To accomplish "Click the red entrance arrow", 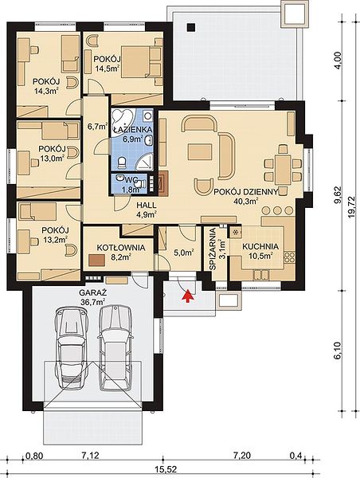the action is pyautogui.click(x=189, y=296).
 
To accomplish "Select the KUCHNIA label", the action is pyautogui.click(x=260, y=246).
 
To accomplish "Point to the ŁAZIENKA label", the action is pyautogui.click(x=132, y=130).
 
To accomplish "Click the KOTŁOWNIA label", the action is pyautogui.click(x=121, y=248).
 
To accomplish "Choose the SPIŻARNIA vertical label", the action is pyautogui.click(x=213, y=249).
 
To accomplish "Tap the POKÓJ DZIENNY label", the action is pyautogui.click(x=246, y=192).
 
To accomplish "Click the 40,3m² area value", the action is pyautogui.click(x=246, y=201).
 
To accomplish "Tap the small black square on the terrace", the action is pyautogui.click(x=191, y=27).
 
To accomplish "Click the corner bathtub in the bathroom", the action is pyautogui.click(x=122, y=118).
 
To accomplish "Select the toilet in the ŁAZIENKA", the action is pyautogui.click(x=122, y=163).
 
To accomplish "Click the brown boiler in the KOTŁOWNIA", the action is pyautogui.click(x=97, y=260).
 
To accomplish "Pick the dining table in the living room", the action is pyautogui.click(x=284, y=170).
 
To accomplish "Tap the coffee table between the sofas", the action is pyautogui.click(x=200, y=152).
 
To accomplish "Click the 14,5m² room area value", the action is pyautogui.click(x=107, y=68).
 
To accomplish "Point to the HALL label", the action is pyautogui.click(x=147, y=206).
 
